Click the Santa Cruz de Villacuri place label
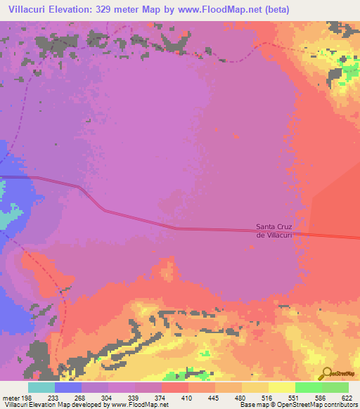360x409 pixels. point(274,231)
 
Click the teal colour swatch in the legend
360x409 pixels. point(41,387)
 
